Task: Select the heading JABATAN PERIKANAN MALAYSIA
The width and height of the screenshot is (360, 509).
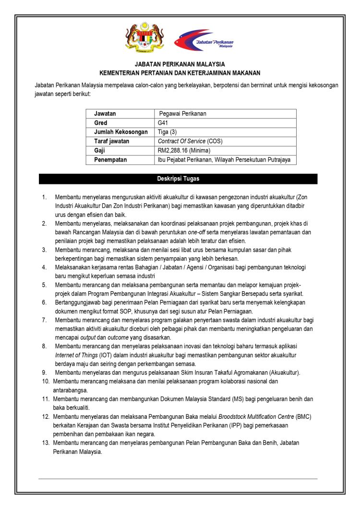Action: pos(180,64)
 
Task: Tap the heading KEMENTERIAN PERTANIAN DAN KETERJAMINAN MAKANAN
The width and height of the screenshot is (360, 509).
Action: pos(180,73)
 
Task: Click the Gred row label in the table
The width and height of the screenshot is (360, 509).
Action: pos(101,123)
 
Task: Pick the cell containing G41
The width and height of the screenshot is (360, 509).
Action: pos(164,123)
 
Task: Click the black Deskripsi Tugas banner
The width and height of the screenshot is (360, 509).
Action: pos(178,179)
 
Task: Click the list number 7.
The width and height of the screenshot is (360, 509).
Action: pos(44,320)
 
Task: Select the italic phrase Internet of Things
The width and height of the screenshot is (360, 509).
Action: pos(76,355)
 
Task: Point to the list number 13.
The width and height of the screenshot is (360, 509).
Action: pos(46,443)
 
